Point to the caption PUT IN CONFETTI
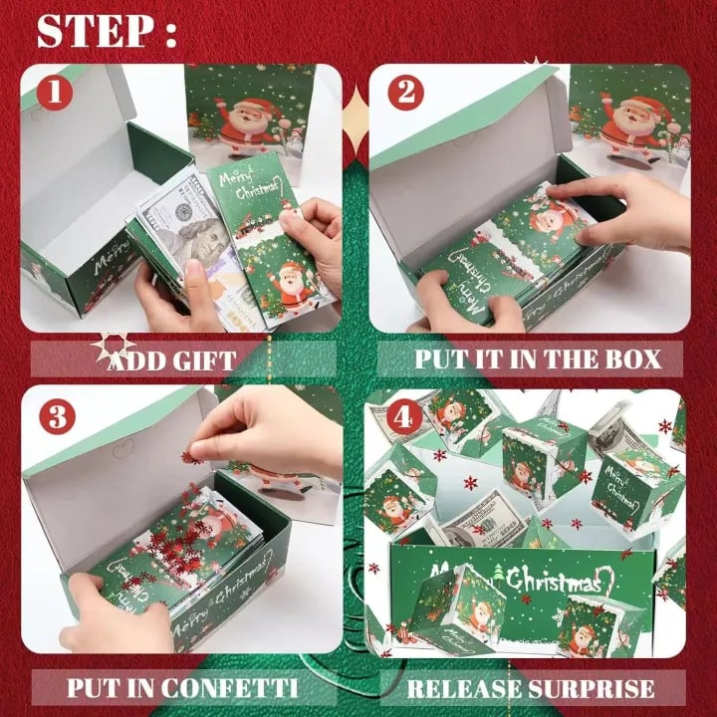[x=180, y=687]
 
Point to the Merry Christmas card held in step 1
[x=264, y=239]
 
